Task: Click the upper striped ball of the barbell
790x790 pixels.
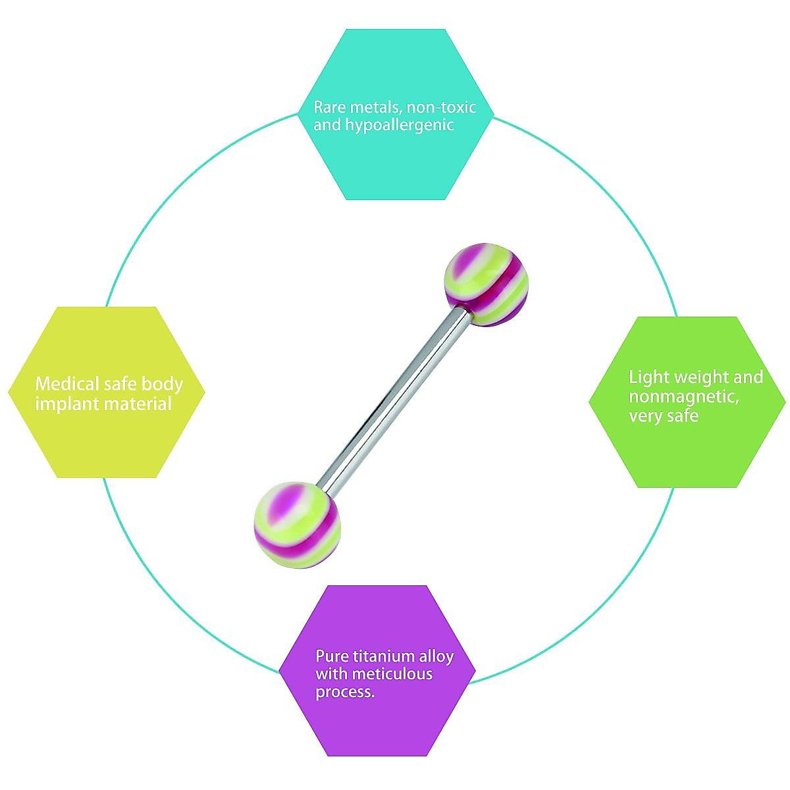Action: [x=487, y=286]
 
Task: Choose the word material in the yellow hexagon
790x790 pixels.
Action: [x=137, y=404]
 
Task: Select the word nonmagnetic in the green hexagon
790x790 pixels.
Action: [x=682, y=396]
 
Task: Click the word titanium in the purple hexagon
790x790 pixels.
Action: [x=384, y=656]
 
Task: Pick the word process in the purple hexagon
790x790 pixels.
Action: [x=344, y=693]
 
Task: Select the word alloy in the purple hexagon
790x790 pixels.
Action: [x=436, y=656]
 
